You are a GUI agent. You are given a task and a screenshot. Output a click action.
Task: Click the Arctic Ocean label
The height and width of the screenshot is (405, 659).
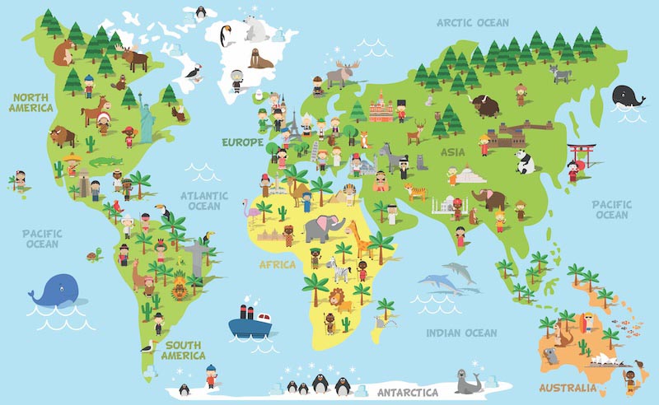coord(472,23)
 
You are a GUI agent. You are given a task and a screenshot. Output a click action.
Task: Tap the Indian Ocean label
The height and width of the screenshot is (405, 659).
coord(461,333)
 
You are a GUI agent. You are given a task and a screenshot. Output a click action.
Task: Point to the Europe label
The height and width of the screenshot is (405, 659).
coord(242,142)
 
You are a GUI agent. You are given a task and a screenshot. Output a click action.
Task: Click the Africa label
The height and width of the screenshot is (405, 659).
coord(278,265)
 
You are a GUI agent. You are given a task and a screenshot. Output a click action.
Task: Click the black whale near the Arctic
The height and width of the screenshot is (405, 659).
coord(629,97)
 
